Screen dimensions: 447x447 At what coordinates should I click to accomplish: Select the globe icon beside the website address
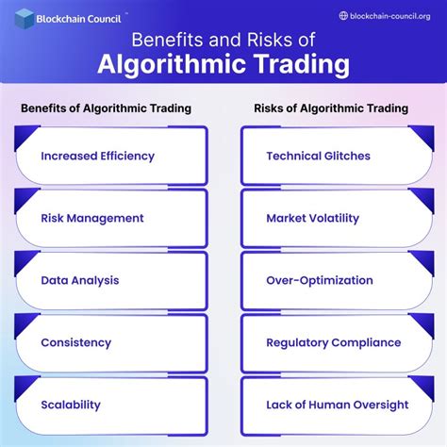(x=343, y=15)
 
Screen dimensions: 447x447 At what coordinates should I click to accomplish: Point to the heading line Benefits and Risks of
(x=224, y=41)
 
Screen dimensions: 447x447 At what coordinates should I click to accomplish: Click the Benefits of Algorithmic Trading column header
(x=106, y=108)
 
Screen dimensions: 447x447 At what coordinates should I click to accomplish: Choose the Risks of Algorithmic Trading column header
(x=331, y=108)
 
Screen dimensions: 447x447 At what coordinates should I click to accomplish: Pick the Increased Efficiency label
(x=97, y=156)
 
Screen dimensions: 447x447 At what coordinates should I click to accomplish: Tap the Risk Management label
(x=92, y=218)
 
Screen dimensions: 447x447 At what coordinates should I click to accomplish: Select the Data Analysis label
(x=80, y=280)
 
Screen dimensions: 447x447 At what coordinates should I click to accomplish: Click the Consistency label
(x=75, y=342)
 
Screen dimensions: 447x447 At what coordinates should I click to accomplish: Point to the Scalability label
(x=71, y=405)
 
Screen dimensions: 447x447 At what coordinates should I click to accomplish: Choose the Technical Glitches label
(x=318, y=156)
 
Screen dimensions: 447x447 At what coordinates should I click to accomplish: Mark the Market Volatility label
(x=312, y=218)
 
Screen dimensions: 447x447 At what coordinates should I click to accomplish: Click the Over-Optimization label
(x=320, y=280)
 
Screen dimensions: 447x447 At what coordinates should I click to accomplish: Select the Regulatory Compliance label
(x=333, y=342)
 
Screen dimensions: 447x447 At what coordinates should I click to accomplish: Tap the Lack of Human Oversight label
(x=337, y=405)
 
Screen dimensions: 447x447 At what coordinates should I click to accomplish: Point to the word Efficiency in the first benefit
(x=124, y=156)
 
